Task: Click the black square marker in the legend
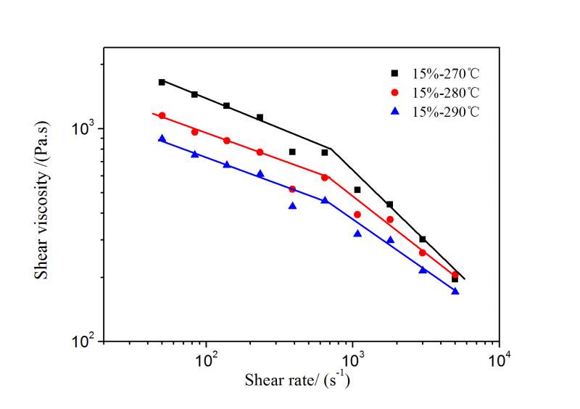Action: tap(395, 73)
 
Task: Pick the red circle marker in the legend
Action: tap(395, 93)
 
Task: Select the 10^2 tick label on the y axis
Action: tap(86, 341)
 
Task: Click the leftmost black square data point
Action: tap(162, 82)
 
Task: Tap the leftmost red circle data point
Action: tap(162, 116)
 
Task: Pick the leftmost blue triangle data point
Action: tap(162, 139)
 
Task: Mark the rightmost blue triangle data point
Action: tap(455, 291)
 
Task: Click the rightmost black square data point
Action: tap(455, 279)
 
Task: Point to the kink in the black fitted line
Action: tap(331, 149)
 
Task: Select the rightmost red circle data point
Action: tap(455, 275)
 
